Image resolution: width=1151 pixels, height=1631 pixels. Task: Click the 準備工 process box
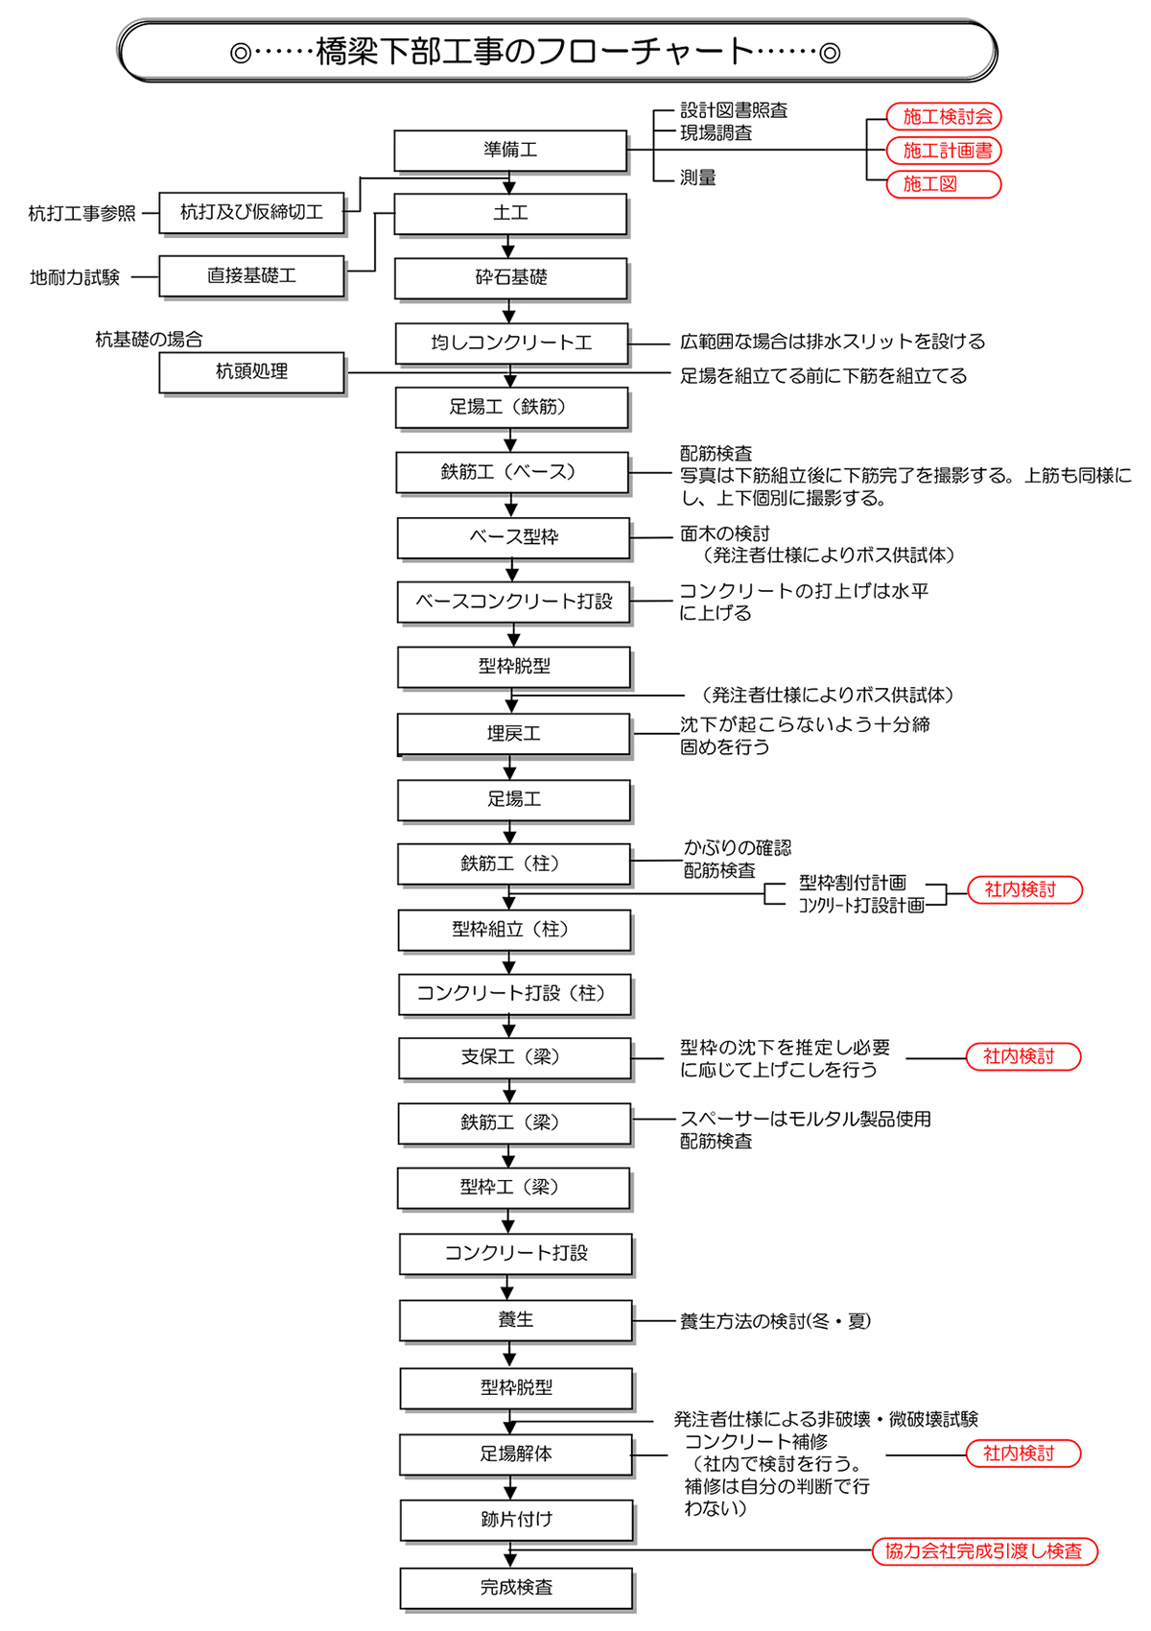(x=510, y=151)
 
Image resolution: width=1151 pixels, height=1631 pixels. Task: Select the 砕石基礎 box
(x=510, y=278)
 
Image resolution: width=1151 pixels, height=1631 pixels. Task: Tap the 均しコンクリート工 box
(x=511, y=343)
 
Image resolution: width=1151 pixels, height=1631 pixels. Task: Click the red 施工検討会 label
(x=945, y=117)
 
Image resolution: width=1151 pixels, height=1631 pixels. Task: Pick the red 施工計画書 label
(x=945, y=151)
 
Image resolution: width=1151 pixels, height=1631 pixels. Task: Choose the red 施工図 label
(x=945, y=184)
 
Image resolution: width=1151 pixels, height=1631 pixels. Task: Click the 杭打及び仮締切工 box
(x=251, y=212)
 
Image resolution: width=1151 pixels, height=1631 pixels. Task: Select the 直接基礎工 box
(x=251, y=276)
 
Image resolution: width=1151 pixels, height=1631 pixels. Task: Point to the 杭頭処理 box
(x=251, y=372)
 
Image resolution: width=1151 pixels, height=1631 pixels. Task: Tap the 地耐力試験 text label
(x=75, y=278)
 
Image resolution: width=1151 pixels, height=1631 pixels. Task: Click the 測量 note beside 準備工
(x=697, y=178)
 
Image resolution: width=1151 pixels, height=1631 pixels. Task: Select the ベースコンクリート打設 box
(x=514, y=602)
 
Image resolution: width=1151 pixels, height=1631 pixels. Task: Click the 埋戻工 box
(x=514, y=734)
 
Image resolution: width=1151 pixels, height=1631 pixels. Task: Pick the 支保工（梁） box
(x=515, y=1057)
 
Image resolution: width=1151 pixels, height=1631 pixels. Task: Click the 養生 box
(x=516, y=1320)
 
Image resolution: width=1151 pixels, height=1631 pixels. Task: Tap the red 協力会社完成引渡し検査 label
(x=984, y=1551)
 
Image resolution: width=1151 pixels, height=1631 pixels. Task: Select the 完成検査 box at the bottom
(x=516, y=1588)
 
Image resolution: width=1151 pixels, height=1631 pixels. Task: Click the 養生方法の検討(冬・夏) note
(x=775, y=1322)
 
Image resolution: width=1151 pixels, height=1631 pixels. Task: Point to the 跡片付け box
(x=516, y=1520)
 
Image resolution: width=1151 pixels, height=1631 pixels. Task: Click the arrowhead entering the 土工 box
(x=509, y=188)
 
